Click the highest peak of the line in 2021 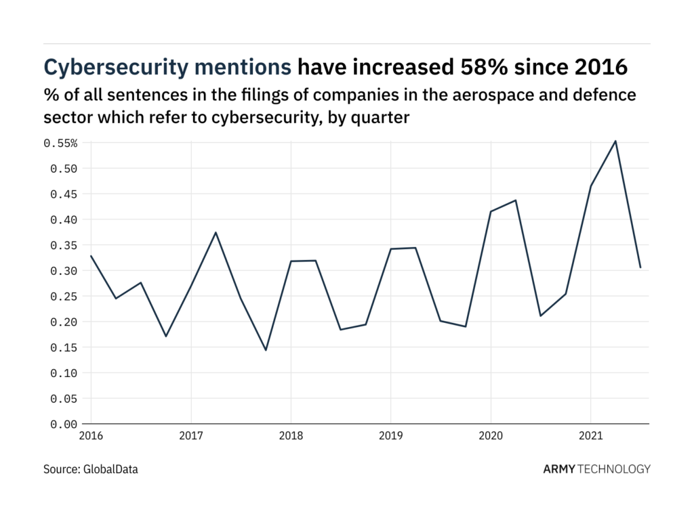[615, 141]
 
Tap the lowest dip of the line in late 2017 [266, 350]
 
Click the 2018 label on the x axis [291, 437]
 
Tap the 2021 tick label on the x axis [590, 437]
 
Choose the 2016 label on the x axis [91, 437]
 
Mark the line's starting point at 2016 [91, 256]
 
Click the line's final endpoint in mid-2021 [640, 267]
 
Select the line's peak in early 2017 [216, 232]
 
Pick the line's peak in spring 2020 [516, 200]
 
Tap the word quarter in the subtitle [384, 116]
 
